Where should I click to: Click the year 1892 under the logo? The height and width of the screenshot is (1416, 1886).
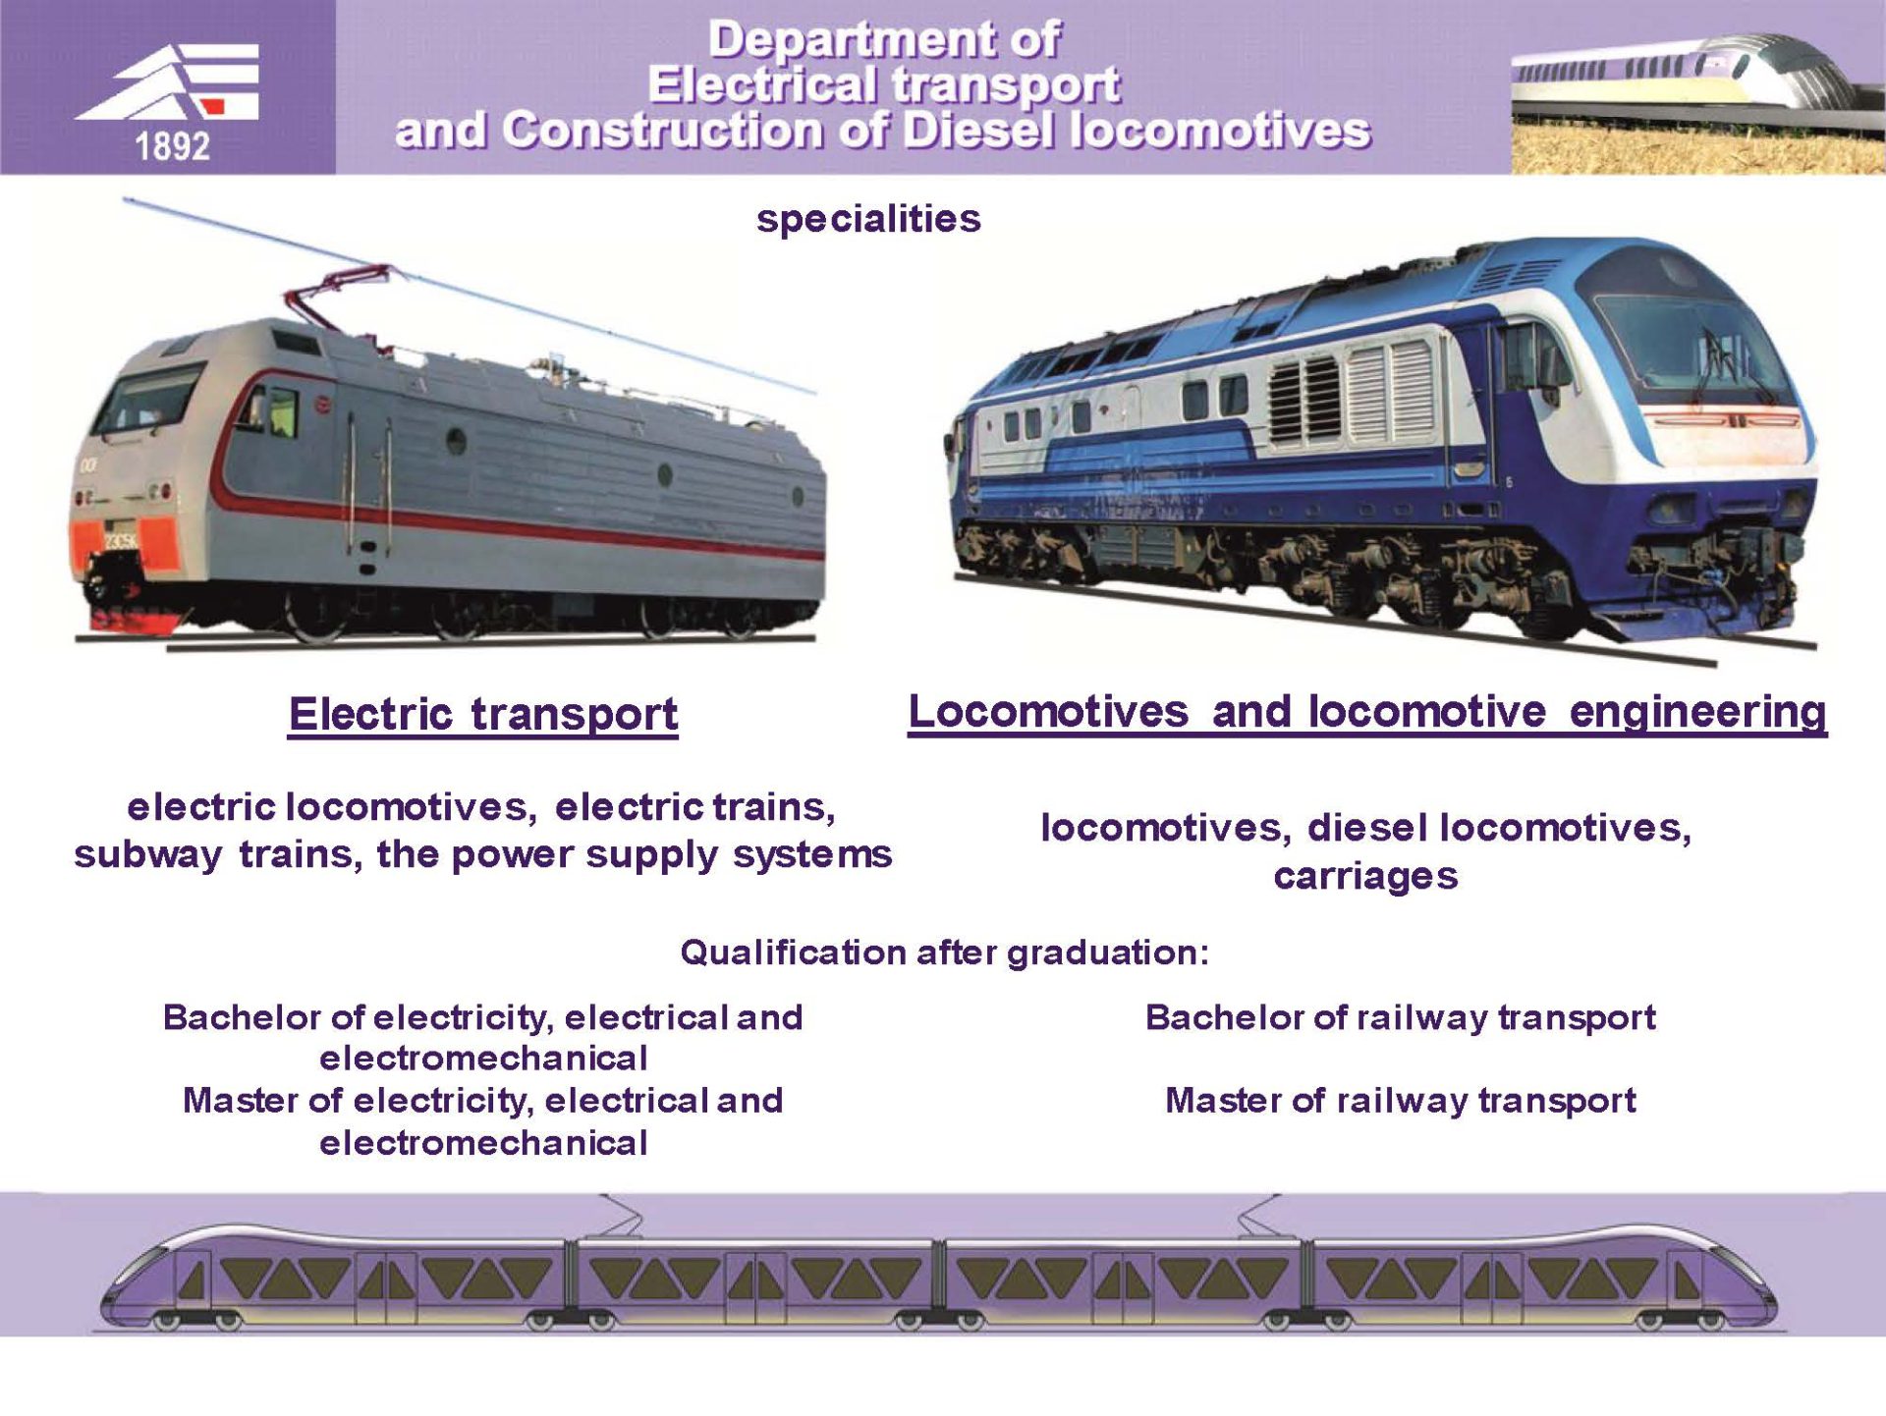[172, 147]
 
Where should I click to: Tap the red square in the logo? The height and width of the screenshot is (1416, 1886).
[215, 105]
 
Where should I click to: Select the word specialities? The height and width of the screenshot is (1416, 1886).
[868, 220]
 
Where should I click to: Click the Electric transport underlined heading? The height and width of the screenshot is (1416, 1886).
[482, 715]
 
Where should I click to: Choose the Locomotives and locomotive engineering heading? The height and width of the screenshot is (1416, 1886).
[1367, 713]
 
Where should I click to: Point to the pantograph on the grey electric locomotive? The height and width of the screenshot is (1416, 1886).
[339, 296]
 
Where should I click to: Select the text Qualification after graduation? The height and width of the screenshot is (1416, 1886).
[944, 953]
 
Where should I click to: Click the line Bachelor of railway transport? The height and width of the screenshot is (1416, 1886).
[1400, 1018]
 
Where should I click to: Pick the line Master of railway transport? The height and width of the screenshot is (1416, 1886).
[1400, 1102]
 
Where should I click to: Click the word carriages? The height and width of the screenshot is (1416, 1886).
[1365, 877]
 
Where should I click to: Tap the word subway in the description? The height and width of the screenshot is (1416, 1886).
[148, 855]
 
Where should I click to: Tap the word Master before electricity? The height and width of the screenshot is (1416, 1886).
[241, 1102]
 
